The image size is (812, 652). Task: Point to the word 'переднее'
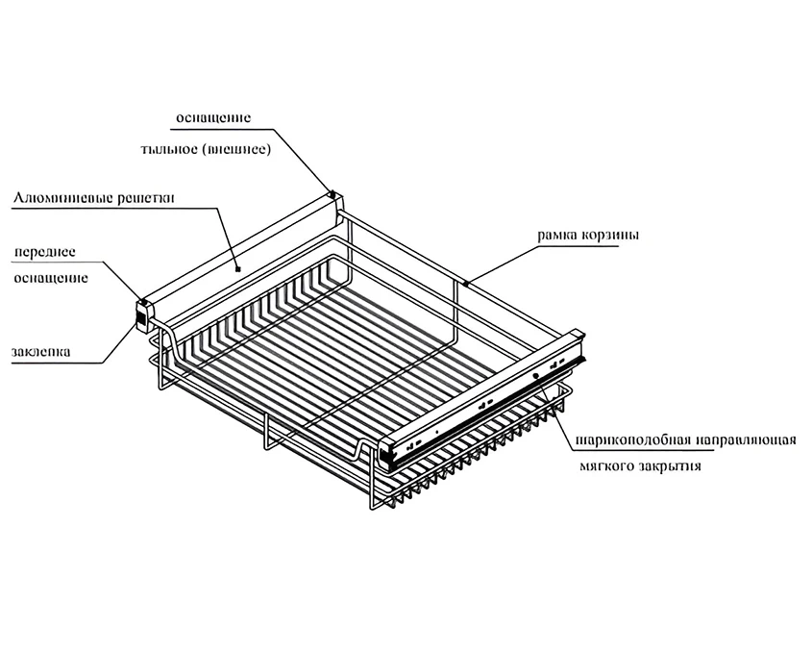tap(44, 252)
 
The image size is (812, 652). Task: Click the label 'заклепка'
tap(41, 351)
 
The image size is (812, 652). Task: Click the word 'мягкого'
tap(607, 468)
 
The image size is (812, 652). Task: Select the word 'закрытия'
tap(669, 468)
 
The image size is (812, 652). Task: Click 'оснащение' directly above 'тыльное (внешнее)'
tap(212, 117)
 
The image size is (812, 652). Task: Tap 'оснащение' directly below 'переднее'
tap(51, 279)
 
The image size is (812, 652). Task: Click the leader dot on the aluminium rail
tap(237, 270)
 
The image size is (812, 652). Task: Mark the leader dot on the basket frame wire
tap(466, 284)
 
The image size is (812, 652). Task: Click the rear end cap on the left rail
tap(332, 195)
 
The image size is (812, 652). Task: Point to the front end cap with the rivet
tap(142, 313)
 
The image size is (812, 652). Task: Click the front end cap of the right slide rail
tap(389, 451)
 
